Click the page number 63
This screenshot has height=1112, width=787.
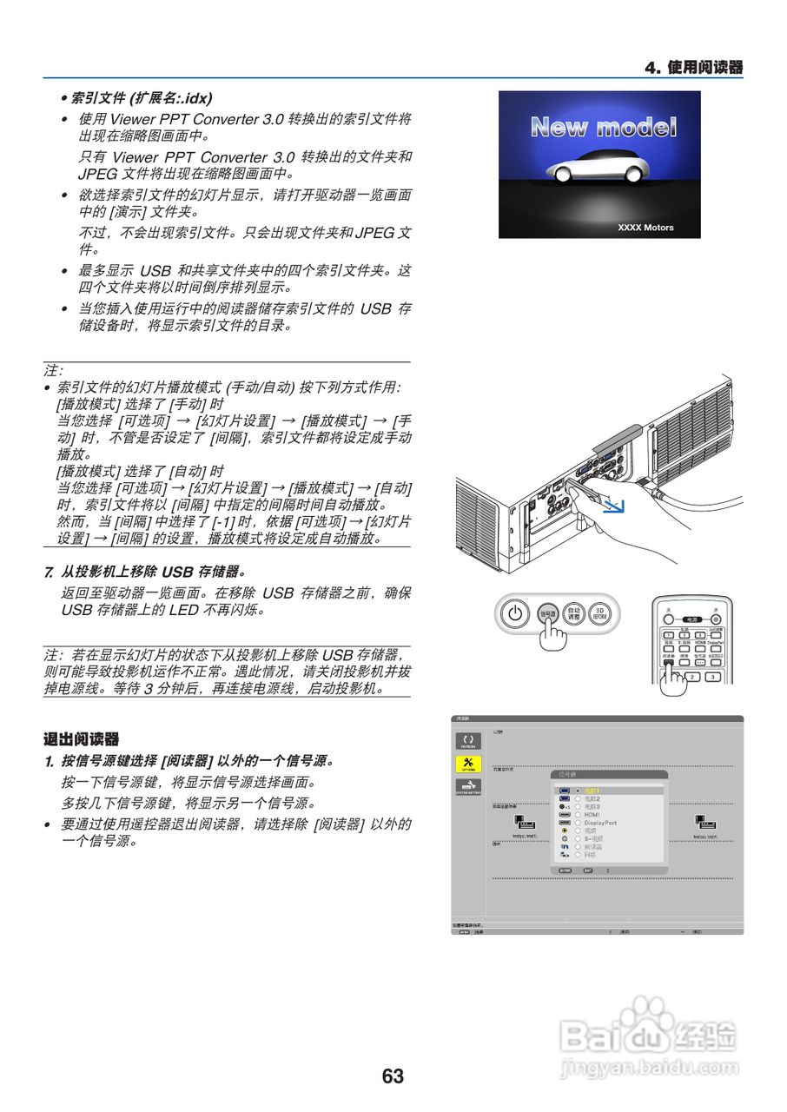point(393,1076)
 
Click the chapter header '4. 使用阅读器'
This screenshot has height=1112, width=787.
point(693,68)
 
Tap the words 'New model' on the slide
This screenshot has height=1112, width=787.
point(603,128)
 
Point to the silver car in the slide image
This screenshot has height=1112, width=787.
point(598,169)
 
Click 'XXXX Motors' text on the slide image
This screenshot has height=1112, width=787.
point(645,228)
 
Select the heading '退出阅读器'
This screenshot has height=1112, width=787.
point(81,740)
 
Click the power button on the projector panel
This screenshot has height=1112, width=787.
point(516,612)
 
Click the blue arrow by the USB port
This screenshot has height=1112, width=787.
point(615,506)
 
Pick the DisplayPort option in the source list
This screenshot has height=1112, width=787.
point(600,822)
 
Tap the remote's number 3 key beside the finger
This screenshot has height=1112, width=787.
point(712,677)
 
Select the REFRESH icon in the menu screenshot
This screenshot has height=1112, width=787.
point(468,741)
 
